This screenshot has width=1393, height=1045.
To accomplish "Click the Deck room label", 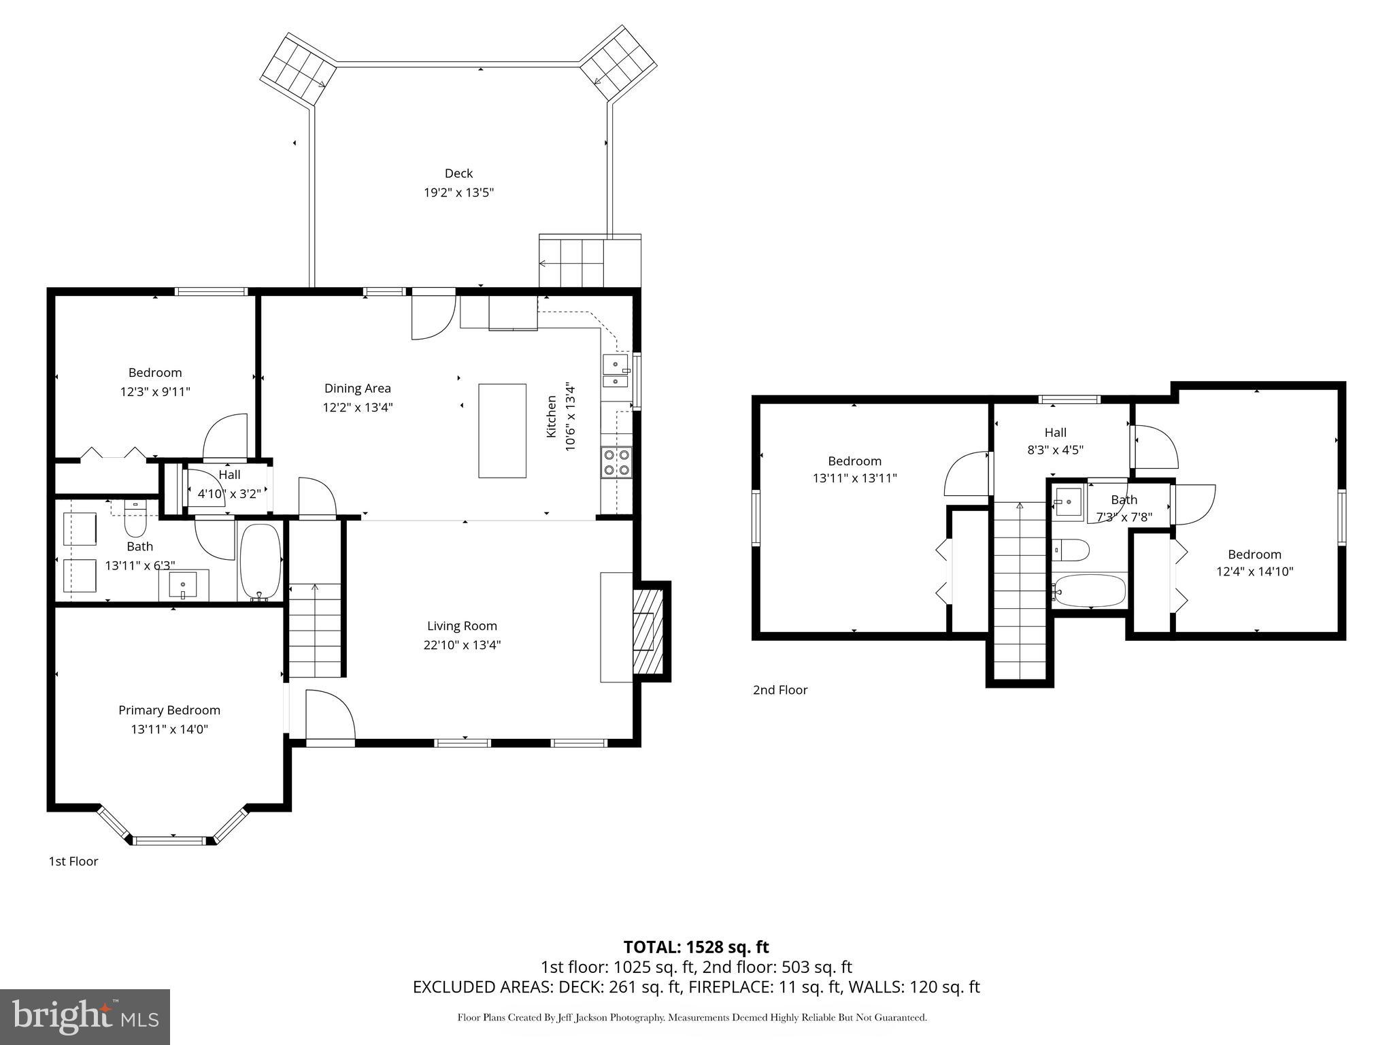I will tap(458, 173).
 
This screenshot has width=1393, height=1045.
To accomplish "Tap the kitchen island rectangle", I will tap(502, 431).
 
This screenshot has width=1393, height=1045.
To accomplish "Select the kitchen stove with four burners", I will tap(616, 462).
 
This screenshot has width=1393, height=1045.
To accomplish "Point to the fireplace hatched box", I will tap(648, 631).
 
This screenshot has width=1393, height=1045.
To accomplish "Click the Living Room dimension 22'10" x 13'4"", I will tap(462, 645).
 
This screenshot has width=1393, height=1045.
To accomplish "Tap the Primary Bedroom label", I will tap(169, 710).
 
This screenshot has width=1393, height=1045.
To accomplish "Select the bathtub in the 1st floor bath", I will tap(260, 562).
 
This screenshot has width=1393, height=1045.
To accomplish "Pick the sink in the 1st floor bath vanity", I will tap(183, 585).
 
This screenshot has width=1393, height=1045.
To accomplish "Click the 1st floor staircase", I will tap(315, 629).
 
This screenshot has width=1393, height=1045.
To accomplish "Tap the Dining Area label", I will tap(357, 388).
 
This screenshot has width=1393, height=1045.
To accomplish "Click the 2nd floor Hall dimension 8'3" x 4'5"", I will tap(1055, 450).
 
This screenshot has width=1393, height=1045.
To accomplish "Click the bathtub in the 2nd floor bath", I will tap(1088, 591).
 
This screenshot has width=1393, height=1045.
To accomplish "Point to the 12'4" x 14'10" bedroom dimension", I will tap(1254, 571).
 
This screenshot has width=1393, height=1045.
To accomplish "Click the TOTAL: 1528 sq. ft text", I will tap(696, 946).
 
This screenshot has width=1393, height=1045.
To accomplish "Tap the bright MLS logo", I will tap(84, 1016).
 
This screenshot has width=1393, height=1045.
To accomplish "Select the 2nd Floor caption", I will tap(779, 690).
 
